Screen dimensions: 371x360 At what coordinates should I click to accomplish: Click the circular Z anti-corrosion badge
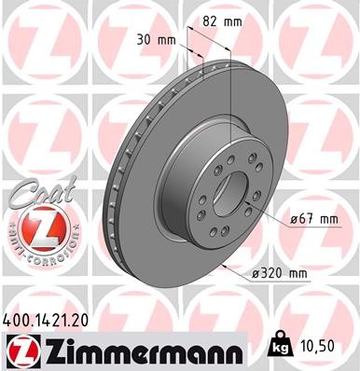tap(34, 227)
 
